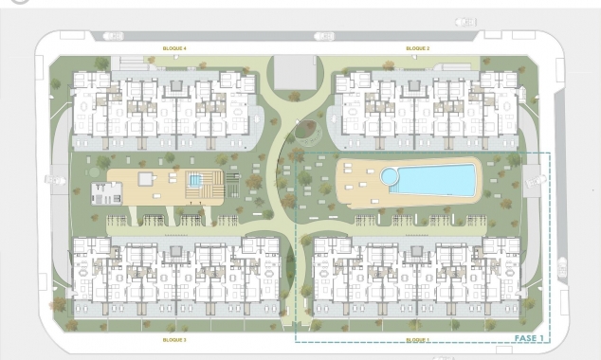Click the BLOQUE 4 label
point(173,48)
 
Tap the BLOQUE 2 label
point(418,48)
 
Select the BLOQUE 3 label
point(173,339)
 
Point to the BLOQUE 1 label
point(417,339)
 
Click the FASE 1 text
point(528,336)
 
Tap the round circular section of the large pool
point(390,176)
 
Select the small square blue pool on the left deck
point(195,180)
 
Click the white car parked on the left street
point(48,180)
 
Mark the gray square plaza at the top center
point(294,72)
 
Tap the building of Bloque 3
point(175,275)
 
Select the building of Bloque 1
point(417,275)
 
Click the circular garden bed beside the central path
point(305,129)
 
